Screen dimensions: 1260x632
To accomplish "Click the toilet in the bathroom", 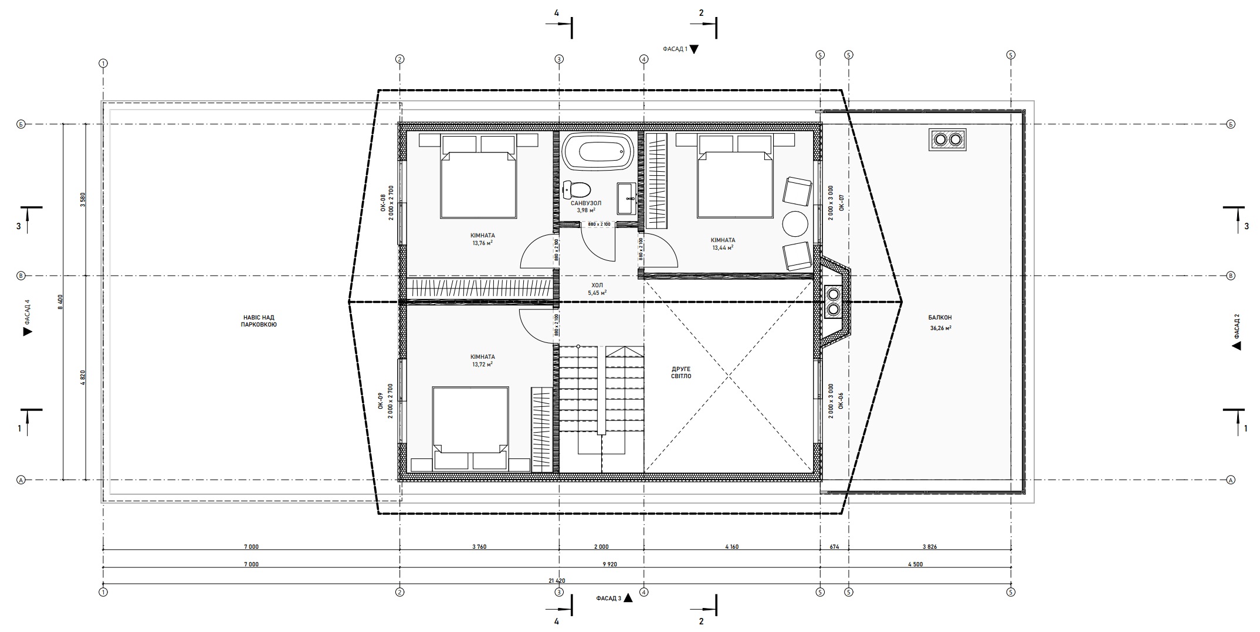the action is pyautogui.click(x=577, y=189).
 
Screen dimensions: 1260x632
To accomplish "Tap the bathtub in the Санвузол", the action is pyautogui.click(x=598, y=152).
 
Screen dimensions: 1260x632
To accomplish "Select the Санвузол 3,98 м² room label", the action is pyautogui.click(x=586, y=206).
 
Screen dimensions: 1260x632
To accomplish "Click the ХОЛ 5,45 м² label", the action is pyautogui.click(x=597, y=289).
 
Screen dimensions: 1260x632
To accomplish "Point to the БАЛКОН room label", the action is pyautogui.click(x=940, y=318).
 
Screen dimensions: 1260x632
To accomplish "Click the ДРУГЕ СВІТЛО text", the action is pyautogui.click(x=681, y=373).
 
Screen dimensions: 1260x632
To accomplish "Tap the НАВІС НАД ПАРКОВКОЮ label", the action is pyautogui.click(x=259, y=321).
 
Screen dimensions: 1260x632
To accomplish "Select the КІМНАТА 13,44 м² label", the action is pyautogui.click(x=723, y=244).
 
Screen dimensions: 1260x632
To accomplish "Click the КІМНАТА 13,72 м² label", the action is pyautogui.click(x=483, y=361).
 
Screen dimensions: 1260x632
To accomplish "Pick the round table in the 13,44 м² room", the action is pyautogui.click(x=795, y=224).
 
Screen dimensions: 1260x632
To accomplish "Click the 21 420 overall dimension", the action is pyautogui.click(x=557, y=581).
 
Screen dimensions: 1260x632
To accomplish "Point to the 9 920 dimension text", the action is pyautogui.click(x=610, y=565).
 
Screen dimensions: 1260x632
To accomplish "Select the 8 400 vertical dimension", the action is pyautogui.click(x=60, y=302).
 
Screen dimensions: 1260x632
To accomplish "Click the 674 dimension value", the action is pyautogui.click(x=834, y=547).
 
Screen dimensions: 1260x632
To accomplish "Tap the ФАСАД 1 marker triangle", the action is pyautogui.click(x=694, y=49).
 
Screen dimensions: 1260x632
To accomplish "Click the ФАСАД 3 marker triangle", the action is pyautogui.click(x=628, y=598).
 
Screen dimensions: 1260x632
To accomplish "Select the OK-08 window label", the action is pyautogui.click(x=383, y=203).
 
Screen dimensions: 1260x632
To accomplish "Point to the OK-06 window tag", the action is pyautogui.click(x=841, y=401).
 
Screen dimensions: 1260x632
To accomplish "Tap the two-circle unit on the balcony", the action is pyautogui.click(x=947, y=140).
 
